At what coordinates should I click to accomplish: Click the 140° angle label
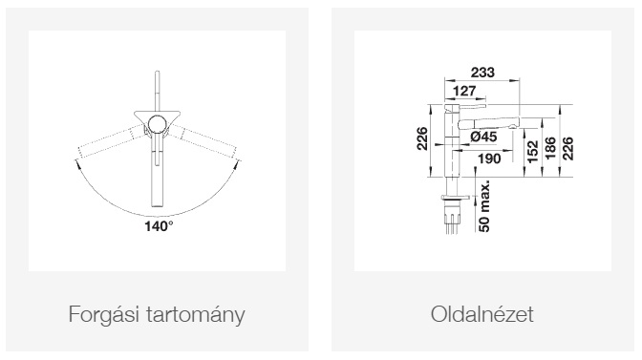(x=159, y=225)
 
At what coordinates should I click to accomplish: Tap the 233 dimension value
(x=482, y=73)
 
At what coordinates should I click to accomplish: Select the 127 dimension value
(x=464, y=91)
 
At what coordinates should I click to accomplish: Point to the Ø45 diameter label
(x=483, y=137)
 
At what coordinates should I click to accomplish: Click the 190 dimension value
(x=489, y=159)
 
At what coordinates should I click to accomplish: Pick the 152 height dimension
(x=532, y=152)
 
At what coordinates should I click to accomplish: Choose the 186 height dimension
(x=550, y=148)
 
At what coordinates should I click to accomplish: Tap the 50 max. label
(x=484, y=205)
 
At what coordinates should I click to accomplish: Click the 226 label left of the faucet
(x=422, y=139)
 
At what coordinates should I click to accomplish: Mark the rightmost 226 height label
(x=568, y=149)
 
